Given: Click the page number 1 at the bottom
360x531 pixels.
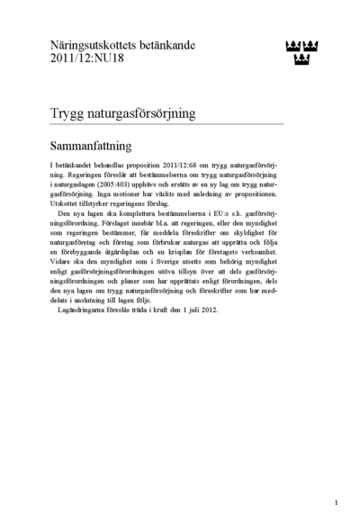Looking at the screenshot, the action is [x=335, y=503].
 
